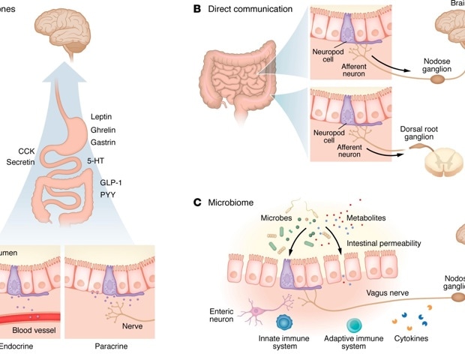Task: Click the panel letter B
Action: (197, 9)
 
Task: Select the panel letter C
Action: (197, 202)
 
